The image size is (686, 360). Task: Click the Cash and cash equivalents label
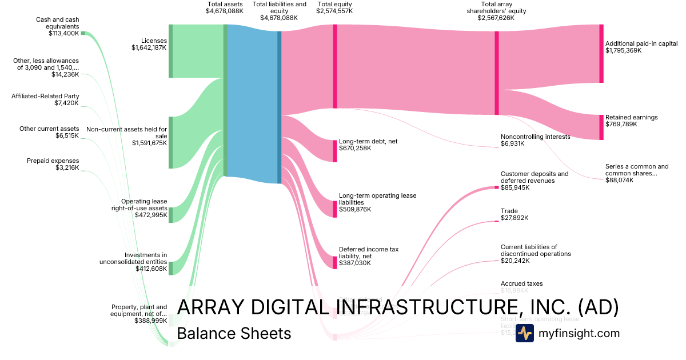pos(57,23)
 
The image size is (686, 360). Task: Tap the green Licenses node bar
pos(170,51)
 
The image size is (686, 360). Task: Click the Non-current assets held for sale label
pos(126,133)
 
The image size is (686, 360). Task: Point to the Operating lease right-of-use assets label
pos(144,205)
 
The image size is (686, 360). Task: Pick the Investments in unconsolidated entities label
pos(145,258)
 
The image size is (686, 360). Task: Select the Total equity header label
pos(334,4)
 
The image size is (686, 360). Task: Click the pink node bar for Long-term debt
pos(335,151)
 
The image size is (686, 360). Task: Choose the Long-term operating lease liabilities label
pos(377,199)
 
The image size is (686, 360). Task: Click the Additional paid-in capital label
pos(641,43)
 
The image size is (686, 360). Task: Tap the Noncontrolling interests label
pos(535,137)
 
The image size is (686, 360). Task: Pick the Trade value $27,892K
pos(514,218)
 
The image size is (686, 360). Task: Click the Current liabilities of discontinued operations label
pos(536,250)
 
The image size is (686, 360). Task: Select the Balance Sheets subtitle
pos(234,334)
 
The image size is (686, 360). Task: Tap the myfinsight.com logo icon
pos(524,333)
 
